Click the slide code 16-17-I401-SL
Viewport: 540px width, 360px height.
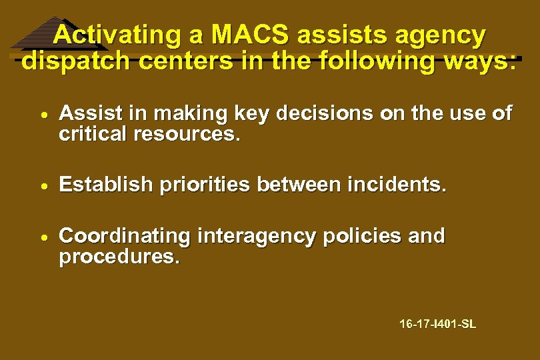(437, 325)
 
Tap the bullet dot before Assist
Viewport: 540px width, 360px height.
(42, 115)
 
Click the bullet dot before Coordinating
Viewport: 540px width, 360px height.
(42, 237)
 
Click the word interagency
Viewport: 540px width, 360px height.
(255, 237)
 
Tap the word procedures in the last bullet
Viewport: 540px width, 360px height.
(119, 257)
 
